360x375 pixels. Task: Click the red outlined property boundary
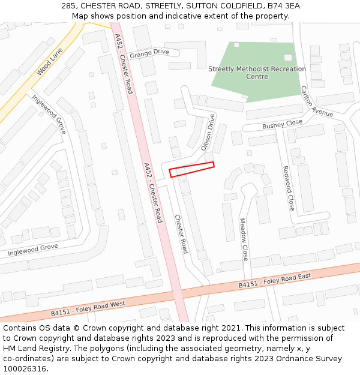[x=191, y=169]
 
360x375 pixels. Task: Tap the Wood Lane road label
[x=49, y=62]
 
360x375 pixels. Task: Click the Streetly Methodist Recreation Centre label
[x=257, y=73]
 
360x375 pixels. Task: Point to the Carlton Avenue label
[x=317, y=101]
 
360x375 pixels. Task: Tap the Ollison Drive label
[x=208, y=131]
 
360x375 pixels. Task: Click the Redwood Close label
[x=289, y=188]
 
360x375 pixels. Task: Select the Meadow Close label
[x=244, y=239]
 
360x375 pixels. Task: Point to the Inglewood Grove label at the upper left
[x=49, y=113]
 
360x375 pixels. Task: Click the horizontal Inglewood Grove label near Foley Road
[x=33, y=250]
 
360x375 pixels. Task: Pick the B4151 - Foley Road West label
[x=88, y=308]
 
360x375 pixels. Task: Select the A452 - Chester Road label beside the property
[x=153, y=192]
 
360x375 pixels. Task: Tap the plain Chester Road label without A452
[x=181, y=233]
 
